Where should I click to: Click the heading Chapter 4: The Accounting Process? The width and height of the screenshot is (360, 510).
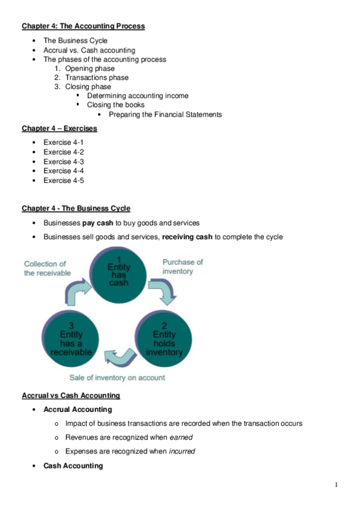83,26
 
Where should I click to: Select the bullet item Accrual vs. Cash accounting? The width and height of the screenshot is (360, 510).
89,51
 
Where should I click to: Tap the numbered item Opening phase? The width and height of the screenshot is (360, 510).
90,69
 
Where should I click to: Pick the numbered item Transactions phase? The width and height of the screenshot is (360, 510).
97,78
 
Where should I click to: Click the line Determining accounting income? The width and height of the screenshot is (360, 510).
138,96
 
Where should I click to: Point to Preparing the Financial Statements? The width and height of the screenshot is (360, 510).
165,114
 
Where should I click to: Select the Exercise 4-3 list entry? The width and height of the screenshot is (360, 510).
63,162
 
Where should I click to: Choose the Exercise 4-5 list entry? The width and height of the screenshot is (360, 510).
63,180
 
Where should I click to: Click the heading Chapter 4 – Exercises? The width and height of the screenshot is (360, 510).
59,128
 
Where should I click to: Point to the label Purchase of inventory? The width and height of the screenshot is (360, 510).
183,266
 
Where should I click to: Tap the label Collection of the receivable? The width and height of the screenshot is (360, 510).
47,268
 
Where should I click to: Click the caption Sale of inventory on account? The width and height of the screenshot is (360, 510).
117,378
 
